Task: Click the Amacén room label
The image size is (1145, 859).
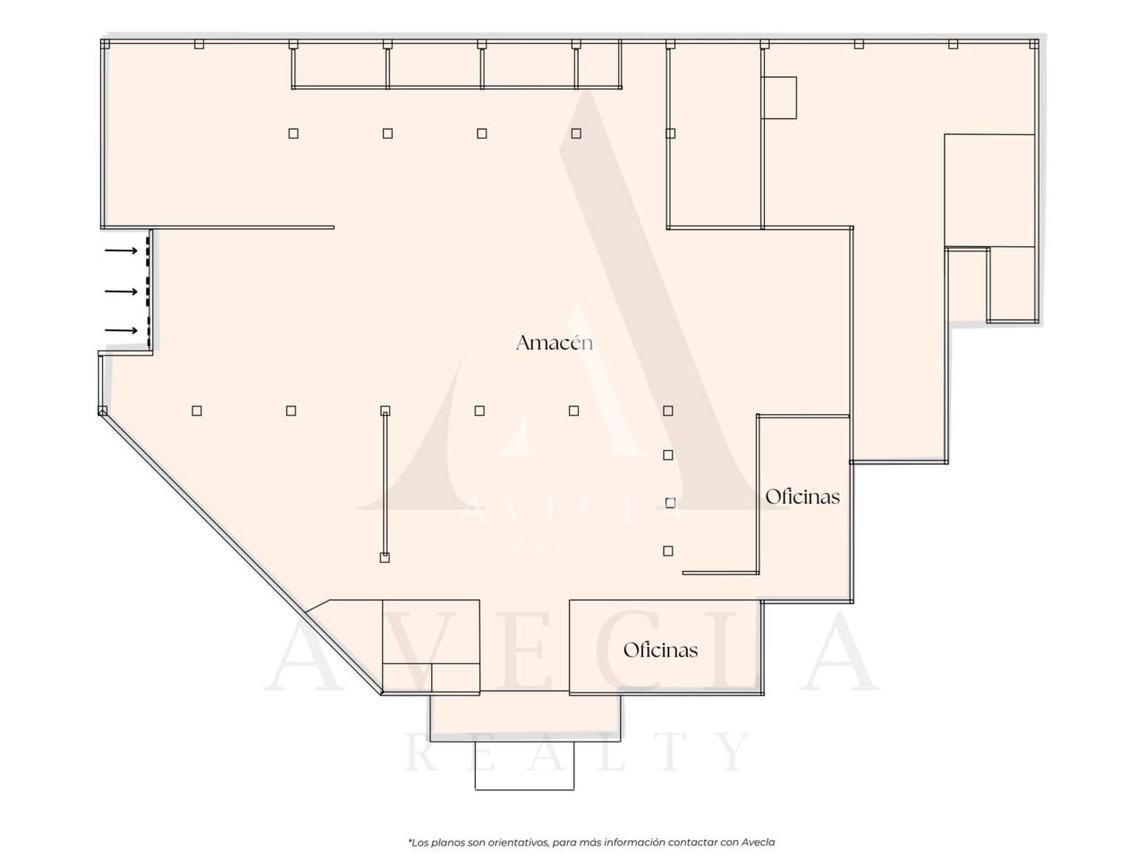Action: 555,343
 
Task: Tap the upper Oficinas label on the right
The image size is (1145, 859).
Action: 802,497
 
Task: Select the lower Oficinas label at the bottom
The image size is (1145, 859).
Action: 660,650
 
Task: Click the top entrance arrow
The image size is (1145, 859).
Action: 121,251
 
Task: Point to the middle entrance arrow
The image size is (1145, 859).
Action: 121,291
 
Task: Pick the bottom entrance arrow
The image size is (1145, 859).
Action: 121,331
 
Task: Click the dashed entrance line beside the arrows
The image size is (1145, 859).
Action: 148,292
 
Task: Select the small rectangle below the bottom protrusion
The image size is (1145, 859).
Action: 524,766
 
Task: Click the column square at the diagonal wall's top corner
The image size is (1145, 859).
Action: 103,412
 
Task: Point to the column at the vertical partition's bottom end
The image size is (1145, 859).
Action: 385,557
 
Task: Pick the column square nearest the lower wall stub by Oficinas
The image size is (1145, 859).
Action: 668,551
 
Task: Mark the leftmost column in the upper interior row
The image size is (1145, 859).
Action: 293,133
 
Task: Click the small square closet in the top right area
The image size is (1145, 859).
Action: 779,98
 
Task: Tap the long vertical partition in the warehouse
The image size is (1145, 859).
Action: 385,484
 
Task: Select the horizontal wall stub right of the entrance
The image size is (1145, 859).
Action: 243,227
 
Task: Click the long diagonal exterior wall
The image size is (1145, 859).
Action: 241,553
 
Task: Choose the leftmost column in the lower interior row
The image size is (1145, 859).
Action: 197,411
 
